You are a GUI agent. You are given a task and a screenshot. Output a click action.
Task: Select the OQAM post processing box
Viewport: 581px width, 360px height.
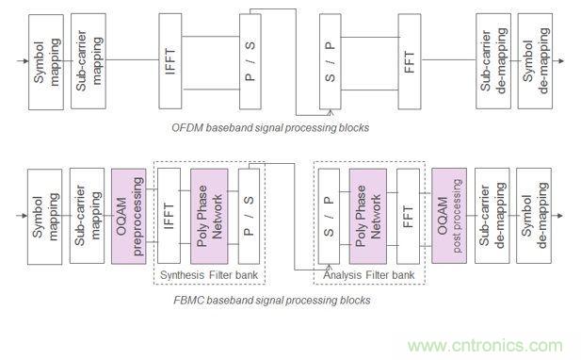point(444,216)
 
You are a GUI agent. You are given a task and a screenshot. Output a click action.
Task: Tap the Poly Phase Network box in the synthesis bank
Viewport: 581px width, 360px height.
point(208,216)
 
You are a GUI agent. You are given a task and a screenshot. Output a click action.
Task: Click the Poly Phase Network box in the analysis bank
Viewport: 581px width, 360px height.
point(367,216)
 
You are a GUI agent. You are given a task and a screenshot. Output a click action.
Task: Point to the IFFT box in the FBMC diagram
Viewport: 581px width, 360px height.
point(169,216)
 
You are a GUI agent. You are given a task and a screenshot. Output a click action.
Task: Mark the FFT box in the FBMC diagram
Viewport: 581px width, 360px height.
point(408,216)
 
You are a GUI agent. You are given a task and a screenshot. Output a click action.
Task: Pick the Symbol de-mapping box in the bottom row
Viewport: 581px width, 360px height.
point(533,216)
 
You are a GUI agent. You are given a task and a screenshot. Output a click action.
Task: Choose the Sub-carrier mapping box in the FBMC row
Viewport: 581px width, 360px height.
point(83,216)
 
